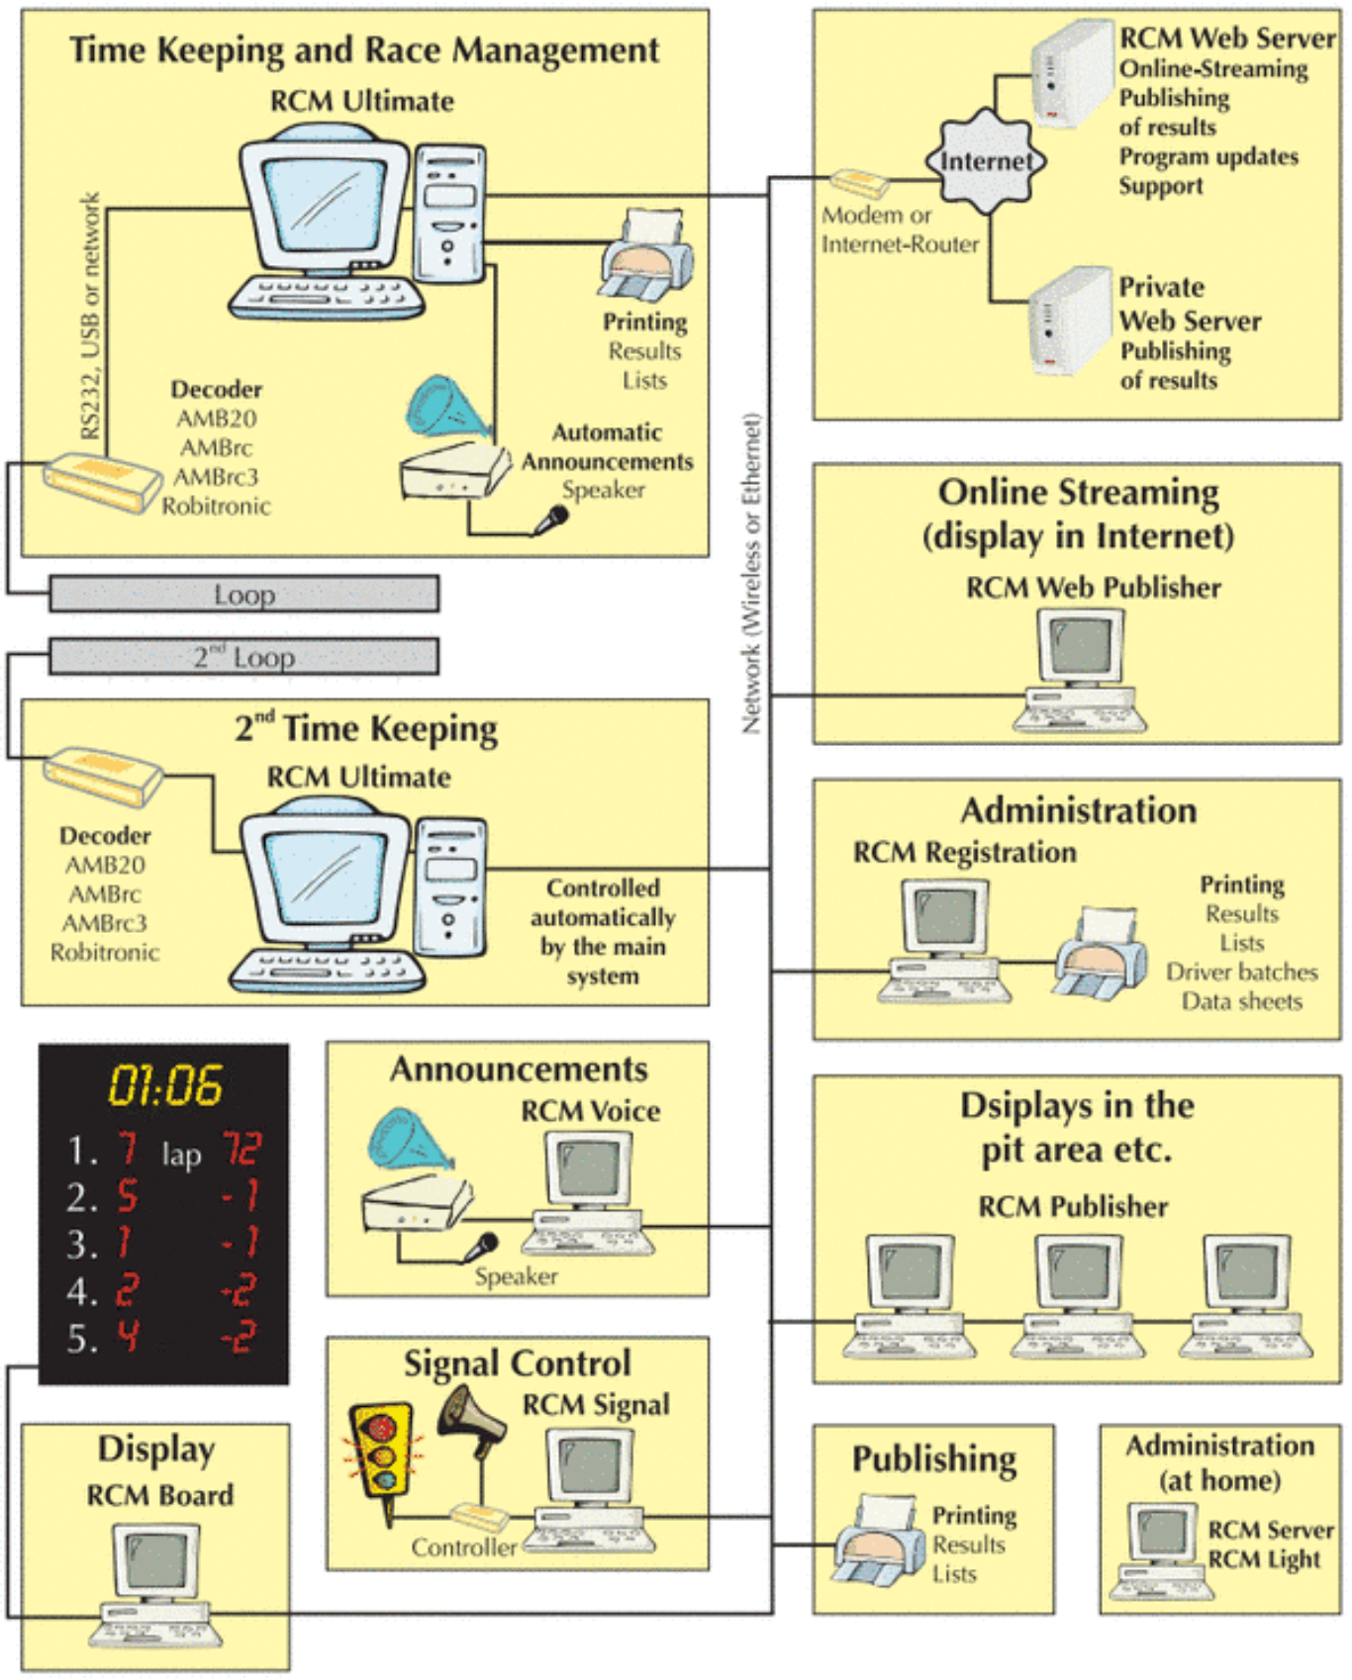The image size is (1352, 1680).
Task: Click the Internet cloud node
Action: [985, 161]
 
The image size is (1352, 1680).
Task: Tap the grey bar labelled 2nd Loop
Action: [244, 657]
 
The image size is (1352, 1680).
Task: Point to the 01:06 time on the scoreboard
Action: [165, 1085]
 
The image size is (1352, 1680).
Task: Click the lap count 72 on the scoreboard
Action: [241, 1149]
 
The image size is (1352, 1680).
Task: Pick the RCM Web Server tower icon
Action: [1071, 73]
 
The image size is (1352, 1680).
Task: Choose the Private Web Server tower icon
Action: [1069, 321]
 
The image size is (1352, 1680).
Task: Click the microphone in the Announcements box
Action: [484, 1245]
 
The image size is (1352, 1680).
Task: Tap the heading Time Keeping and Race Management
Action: [363, 49]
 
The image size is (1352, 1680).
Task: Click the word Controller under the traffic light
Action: [463, 1546]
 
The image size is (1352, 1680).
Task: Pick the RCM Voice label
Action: [591, 1111]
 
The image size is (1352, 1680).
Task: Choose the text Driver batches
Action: [1241, 972]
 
